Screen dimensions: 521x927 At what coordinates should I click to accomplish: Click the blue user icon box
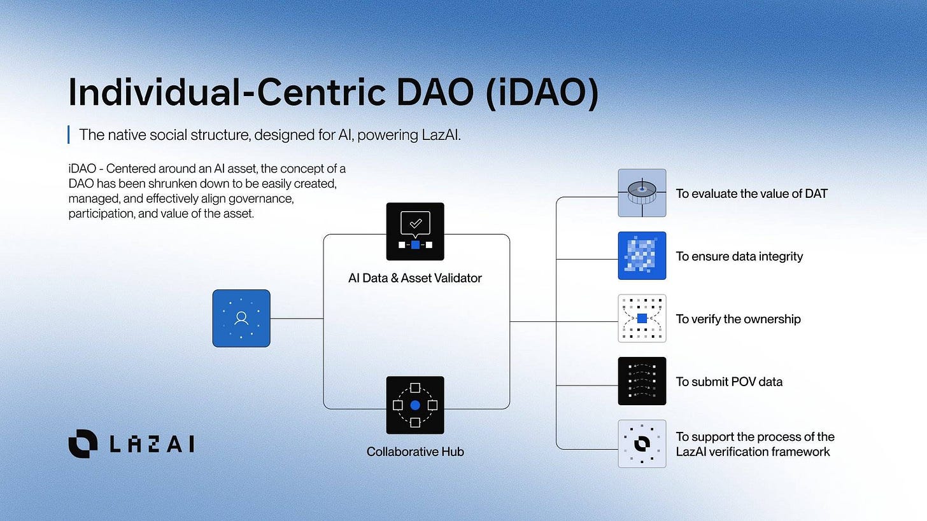241,318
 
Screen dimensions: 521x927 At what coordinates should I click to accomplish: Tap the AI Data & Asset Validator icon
415,232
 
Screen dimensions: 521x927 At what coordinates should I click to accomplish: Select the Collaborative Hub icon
415,405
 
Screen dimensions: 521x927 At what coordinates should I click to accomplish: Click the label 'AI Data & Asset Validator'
415,278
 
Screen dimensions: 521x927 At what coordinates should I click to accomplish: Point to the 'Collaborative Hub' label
415,452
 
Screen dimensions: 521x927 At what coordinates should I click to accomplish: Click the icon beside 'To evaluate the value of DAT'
642,193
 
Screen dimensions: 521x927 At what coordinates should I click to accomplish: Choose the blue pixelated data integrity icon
642,256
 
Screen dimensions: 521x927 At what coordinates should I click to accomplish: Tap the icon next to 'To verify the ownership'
642,318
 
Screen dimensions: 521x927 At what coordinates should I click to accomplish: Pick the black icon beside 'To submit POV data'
642,381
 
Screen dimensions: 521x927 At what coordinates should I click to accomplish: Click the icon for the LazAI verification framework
642,443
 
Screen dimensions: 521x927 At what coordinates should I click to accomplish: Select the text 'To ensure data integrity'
739,256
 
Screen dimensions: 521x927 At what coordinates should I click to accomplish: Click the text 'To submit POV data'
729,382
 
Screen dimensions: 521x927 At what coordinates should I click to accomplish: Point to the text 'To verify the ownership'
738,319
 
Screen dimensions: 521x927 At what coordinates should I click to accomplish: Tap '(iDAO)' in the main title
542,93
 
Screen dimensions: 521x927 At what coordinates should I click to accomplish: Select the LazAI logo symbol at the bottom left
83,443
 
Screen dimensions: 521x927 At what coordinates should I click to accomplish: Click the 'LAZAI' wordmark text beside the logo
151,444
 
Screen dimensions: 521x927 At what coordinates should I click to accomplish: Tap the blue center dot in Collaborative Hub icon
415,405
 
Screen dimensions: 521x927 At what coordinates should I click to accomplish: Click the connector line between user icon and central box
297,318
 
